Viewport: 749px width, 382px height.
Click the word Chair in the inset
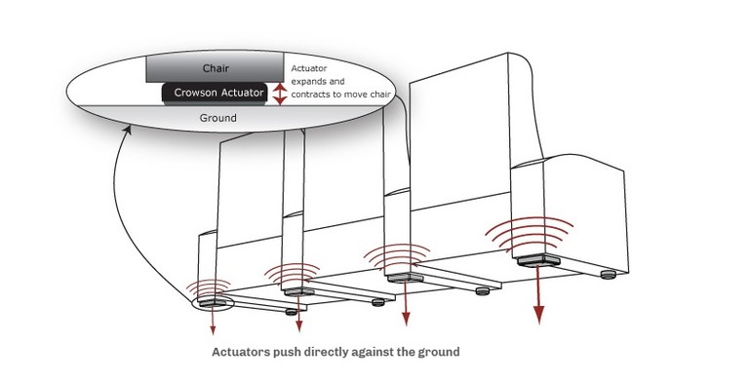pyautogui.click(x=215, y=68)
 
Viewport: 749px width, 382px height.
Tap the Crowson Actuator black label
pyautogui.click(x=217, y=93)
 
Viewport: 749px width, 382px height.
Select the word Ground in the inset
pyautogui.click(x=217, y=118)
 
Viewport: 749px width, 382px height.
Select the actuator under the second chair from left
pyautogui.click(x=296, y=290)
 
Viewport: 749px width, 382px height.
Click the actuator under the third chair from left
pyautogui.click(x=404, y=278)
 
